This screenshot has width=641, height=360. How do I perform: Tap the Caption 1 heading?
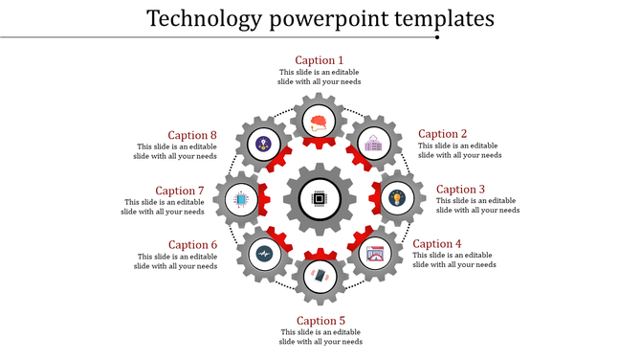320,60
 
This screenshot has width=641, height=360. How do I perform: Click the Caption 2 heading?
443,134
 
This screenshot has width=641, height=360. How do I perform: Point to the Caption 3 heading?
461,190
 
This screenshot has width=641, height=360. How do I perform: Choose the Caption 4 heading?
437,244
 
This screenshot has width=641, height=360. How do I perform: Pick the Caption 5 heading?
320,321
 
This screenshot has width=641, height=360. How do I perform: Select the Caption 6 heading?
193,245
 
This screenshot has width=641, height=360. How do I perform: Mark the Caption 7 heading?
180,191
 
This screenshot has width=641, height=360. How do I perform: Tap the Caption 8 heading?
193,135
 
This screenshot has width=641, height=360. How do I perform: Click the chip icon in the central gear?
319,200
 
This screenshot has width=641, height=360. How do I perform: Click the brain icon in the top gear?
320,121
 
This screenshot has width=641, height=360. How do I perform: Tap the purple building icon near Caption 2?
372,144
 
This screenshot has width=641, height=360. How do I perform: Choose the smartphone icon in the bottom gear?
320,276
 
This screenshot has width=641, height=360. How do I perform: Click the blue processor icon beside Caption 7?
239,200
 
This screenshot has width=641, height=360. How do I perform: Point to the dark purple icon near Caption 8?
263,144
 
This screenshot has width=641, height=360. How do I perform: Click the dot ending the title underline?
437,37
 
